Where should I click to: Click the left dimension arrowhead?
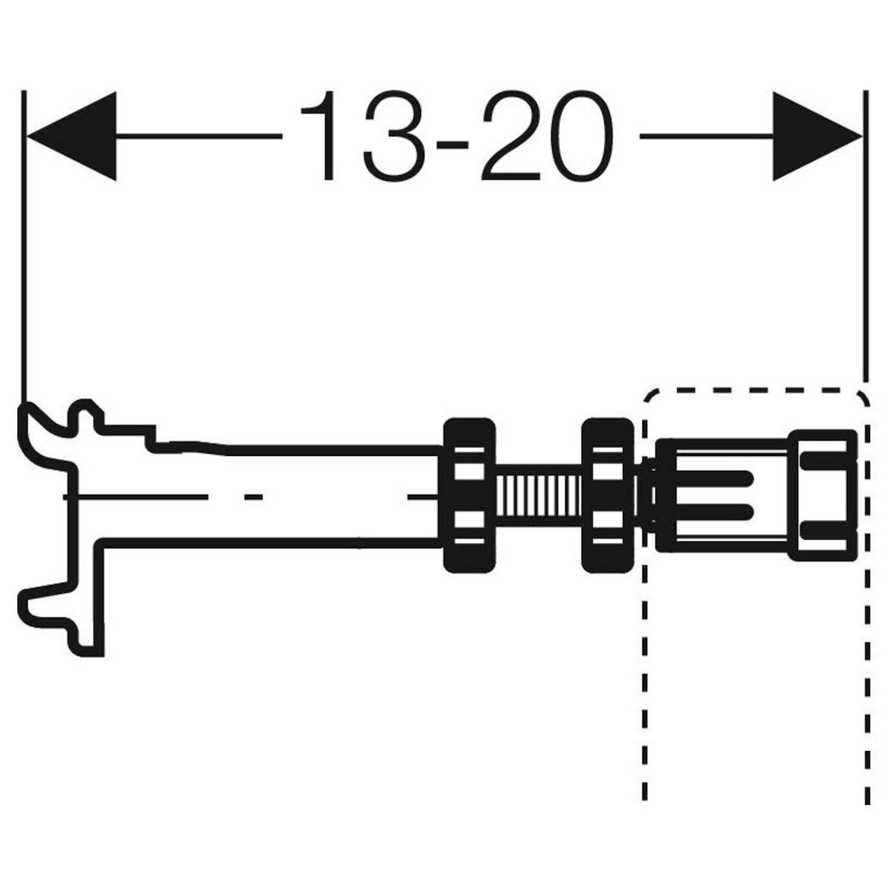pos(72,136)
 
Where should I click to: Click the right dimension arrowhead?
pos(817,136)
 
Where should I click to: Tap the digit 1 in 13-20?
pos(321,136)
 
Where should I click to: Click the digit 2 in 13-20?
pos(510,136)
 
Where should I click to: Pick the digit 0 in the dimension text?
pos(582,136)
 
